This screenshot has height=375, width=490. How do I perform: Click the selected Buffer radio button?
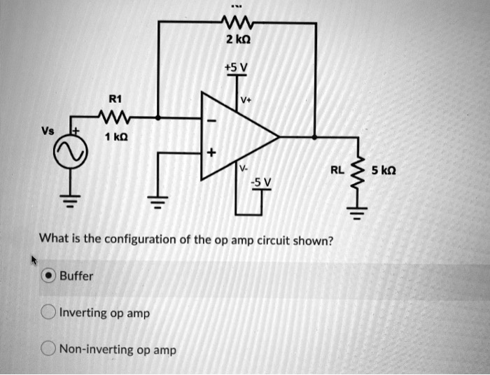[x=48, y=276]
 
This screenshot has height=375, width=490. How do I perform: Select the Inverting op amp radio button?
[x=48, y=313]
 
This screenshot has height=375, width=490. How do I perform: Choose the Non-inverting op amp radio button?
[x=48, y=349]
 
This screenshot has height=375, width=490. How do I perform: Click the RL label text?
[x=337, y=170]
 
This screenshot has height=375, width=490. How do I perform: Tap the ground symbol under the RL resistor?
[x=358, y=214]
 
